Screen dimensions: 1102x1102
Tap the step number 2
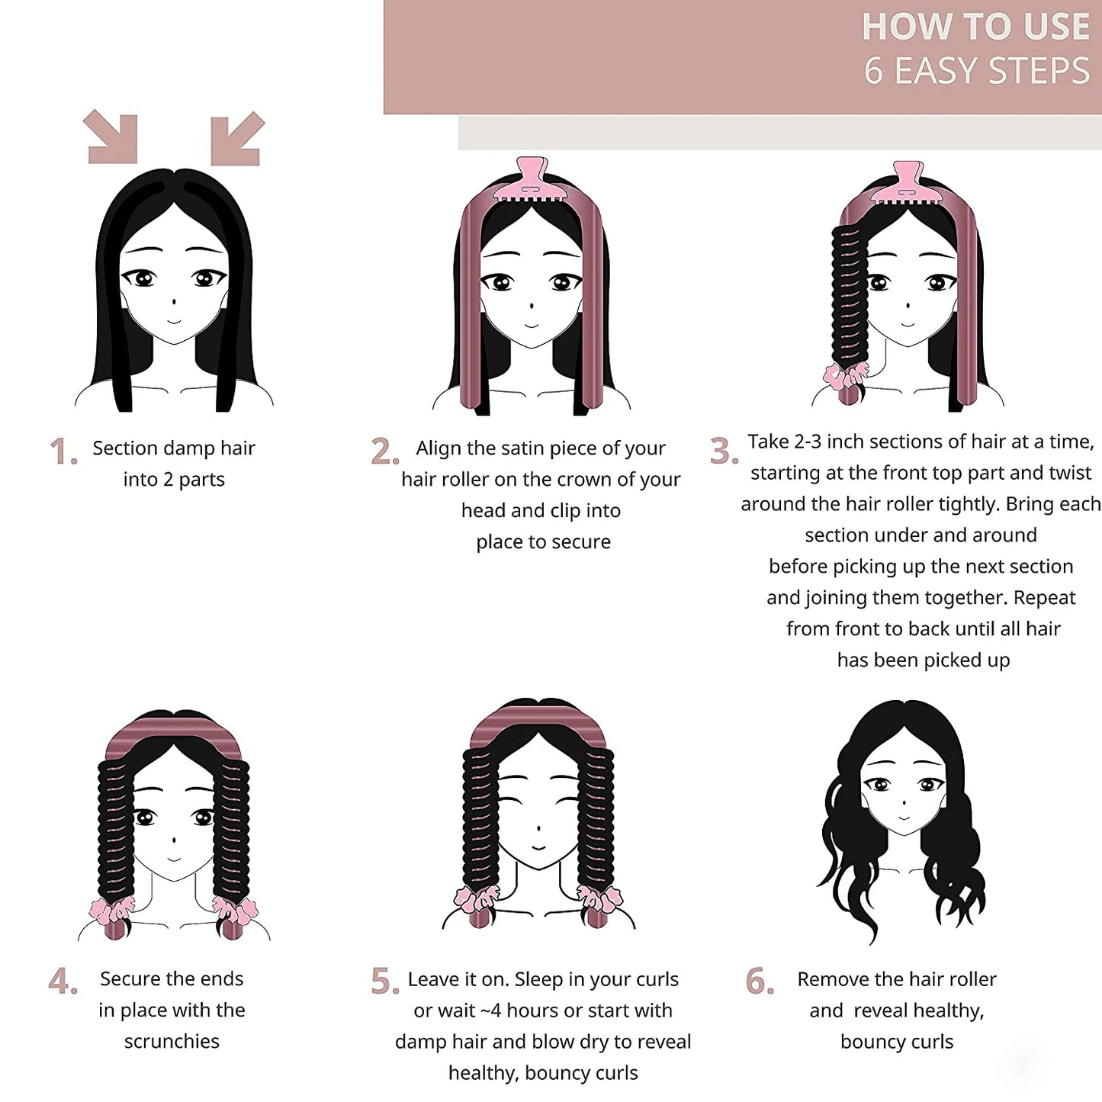coord(384,451)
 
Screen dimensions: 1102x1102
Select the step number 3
coord(722,451)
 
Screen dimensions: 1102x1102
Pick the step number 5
coord(384,982)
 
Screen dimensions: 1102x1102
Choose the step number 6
coord(759,982)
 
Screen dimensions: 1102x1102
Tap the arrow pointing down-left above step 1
coord(236,138)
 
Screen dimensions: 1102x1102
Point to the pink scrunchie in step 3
coord(845,376)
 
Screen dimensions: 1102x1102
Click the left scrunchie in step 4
coord(112,910)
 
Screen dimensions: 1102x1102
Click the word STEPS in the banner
coord(1042,71)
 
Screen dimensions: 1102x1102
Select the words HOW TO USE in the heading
coord(975,27)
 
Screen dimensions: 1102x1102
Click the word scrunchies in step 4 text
coord(172,1042)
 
